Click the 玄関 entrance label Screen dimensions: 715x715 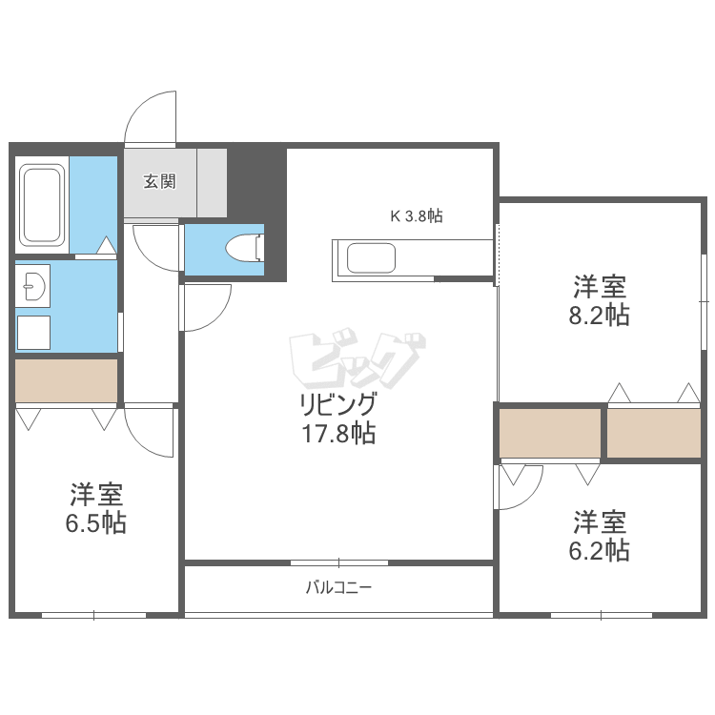pyautogui.click(x=159, y=181)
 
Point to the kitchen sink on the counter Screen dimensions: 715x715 pyautogui.click(x=371, y=257)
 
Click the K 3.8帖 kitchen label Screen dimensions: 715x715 pyautogui.click(x=416, y=216)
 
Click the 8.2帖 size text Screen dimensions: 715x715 pyautogui.click(x=599, y=316)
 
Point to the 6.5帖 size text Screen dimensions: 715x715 pyautogui.click(x=97, y=522)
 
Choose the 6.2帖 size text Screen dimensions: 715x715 pyautogui.click(x=599, y=550)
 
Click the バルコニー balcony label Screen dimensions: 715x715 pyautogui.click(x=338, y=587)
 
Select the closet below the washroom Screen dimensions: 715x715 pyautogui.click(x=66, y=379)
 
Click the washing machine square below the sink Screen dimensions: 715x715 pyautogui.click(x=34, y=332)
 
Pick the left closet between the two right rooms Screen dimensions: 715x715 pyautogui.click(x=550, y=432)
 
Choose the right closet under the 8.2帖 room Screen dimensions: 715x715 pyautogui.click(x=654, y=432)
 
